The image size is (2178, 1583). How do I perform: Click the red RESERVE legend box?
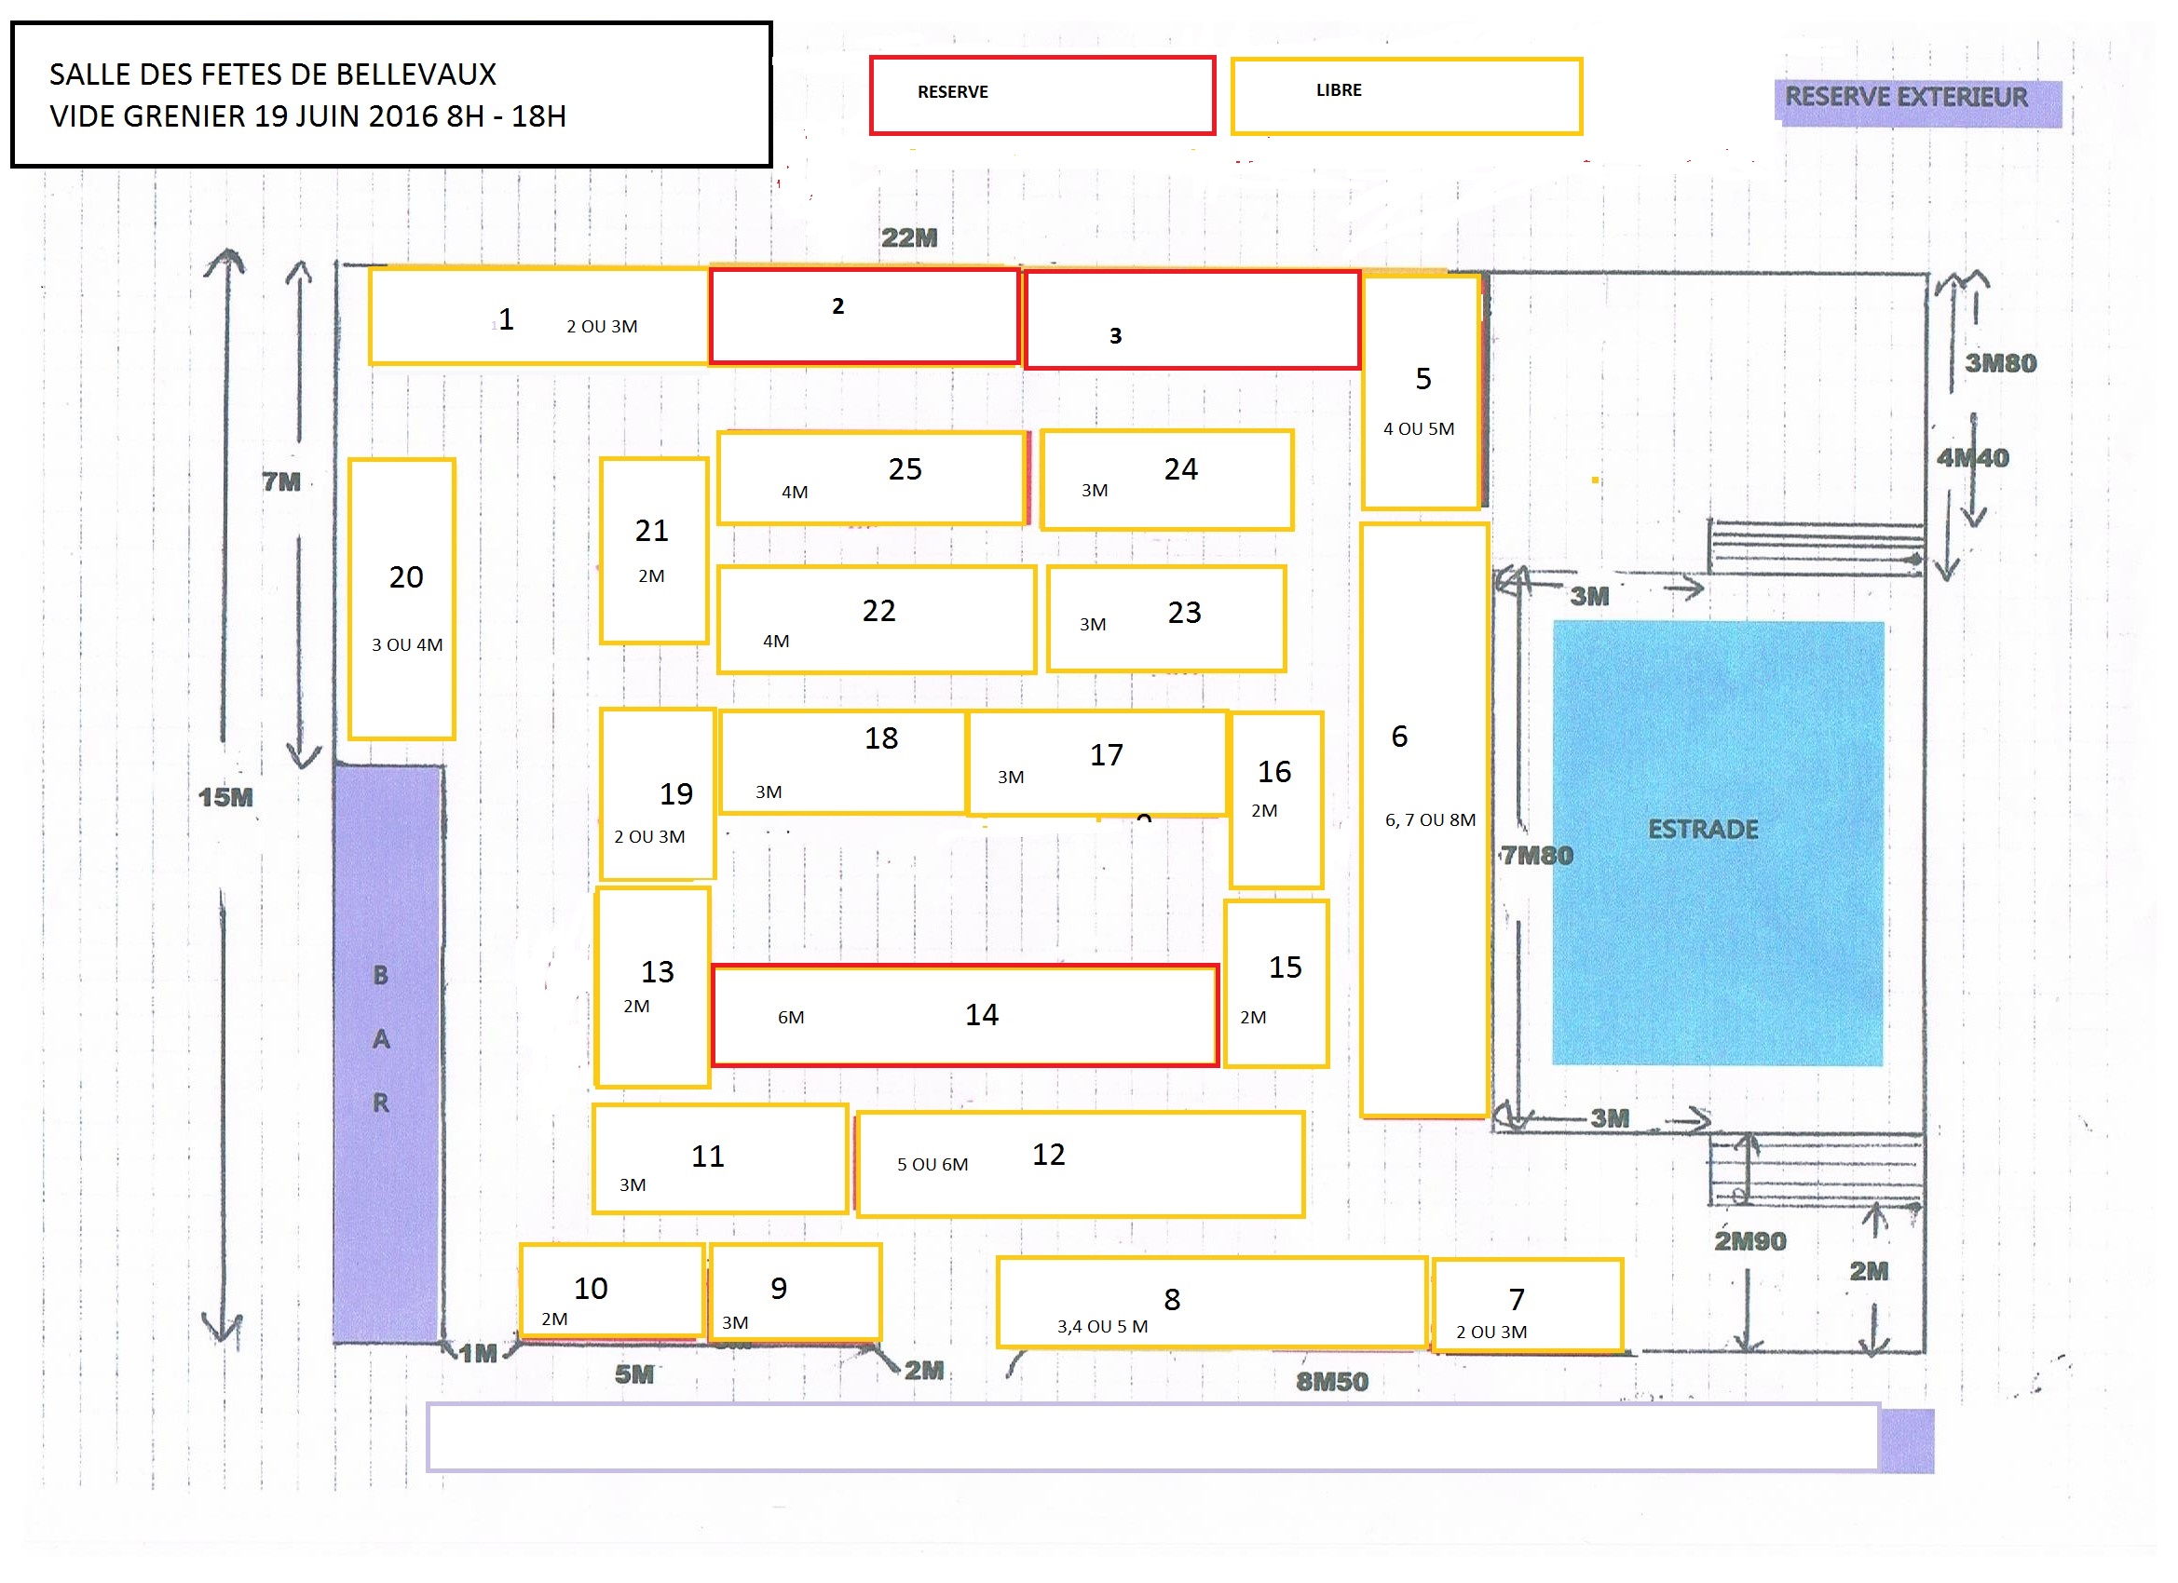point(1041,95)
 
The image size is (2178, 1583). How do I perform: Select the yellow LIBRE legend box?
point(1406,95)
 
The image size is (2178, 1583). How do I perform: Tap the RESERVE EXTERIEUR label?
point(1905,98)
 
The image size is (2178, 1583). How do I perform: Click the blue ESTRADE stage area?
point(1718,842)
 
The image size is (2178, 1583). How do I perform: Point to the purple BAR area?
point(387,1052)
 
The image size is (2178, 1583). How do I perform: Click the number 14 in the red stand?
point(982,1015)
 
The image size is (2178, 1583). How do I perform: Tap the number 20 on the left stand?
point(405,577)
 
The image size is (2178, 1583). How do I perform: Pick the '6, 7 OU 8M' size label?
point(1430,819)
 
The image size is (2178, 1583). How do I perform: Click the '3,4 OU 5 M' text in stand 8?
point(1102,1327)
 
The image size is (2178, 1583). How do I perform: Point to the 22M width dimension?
point(908,237)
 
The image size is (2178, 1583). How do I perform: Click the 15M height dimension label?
point(225,797)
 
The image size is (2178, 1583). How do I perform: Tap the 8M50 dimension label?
point(1332,1382)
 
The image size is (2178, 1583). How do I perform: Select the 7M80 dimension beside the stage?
point(1537,856)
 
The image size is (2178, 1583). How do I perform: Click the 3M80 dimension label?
point(2000,363)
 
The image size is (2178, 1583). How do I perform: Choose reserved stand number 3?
point(1115,335)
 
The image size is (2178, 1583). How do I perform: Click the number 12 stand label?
point(1049,1154)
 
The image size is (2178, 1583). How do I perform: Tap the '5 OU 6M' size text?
point(932,1165)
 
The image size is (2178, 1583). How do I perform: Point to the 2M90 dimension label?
point(1749,1241)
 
